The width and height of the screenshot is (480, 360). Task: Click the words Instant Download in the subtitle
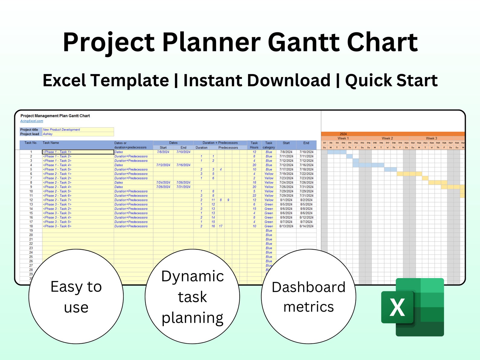[x=257, y=80]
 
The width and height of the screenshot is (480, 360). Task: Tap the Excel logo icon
[x=413, y=307]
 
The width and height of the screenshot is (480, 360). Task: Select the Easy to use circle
[x=76, y=297]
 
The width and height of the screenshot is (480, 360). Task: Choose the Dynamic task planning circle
[x=192, y=297]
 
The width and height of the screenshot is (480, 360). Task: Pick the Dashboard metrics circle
[x=308, y=297]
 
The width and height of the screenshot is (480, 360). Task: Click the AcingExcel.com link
[x=32, y=121]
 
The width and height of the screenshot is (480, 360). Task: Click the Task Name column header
[x=51, y=143]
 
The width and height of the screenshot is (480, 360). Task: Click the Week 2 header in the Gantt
[x=387, y=138]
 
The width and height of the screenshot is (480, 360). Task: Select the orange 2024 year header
[x=343, y=134]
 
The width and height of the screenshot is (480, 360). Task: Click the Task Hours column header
[x=254, y=145]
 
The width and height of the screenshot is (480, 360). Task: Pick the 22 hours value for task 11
[x=254, y=196]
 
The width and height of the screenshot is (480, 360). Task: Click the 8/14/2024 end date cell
[x=306, y=226]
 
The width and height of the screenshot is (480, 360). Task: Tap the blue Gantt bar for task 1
[x=337, y=152]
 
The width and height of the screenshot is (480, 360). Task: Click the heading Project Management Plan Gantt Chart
[x=55, y=116]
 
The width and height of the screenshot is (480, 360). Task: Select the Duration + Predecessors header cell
[x=220, y=143]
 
